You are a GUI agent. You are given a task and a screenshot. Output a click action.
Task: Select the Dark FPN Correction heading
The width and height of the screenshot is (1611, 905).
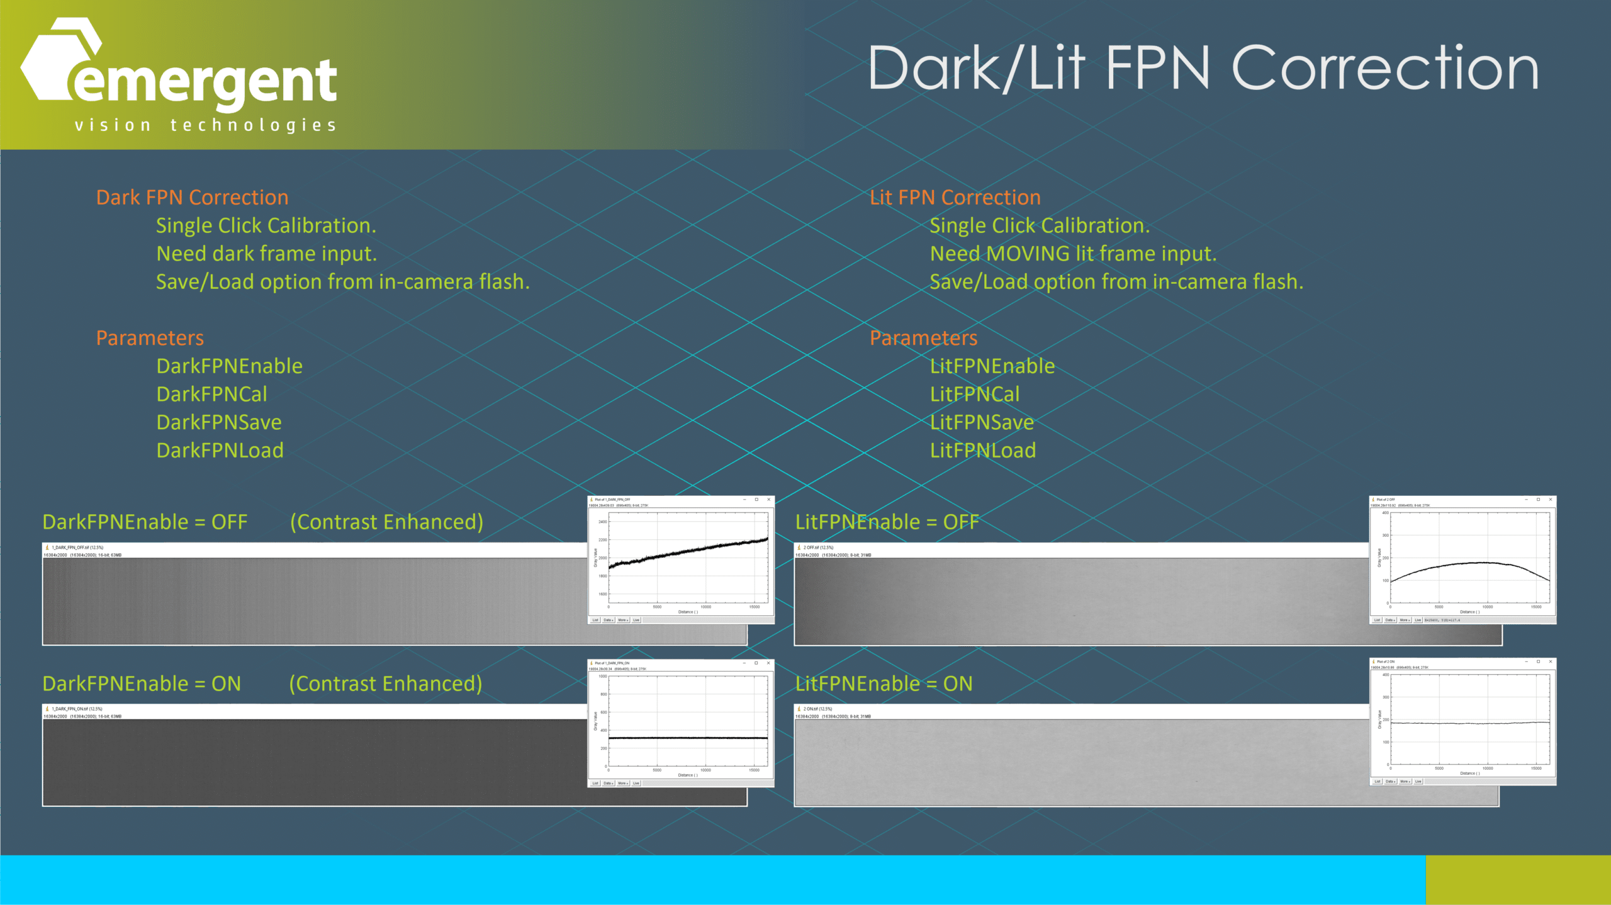pos(192,198)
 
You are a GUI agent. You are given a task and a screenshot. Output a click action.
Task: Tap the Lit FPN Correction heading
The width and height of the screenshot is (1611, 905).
pos(955,198)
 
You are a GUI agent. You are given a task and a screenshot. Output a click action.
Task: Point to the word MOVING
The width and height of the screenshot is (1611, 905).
pos(1028,254)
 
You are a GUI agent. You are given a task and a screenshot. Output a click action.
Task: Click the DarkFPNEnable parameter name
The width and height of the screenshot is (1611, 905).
pos(229,366)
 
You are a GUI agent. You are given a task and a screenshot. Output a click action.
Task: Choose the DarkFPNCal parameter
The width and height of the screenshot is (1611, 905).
pos(211,395)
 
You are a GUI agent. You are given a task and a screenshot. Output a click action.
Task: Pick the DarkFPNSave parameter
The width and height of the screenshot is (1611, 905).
pos(218,422)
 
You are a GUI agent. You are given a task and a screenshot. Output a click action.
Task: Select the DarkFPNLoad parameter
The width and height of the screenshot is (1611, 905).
pos(220,451)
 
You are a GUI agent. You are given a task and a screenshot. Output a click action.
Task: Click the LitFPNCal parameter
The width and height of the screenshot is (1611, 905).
pos(974,395)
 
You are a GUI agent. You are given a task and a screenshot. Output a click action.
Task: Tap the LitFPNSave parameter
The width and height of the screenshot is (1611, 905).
pos(982,422)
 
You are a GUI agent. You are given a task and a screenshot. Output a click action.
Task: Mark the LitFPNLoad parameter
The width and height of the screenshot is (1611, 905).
pos(982,451)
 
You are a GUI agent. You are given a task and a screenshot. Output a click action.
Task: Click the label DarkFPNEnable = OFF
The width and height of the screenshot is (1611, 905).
pos(145,522)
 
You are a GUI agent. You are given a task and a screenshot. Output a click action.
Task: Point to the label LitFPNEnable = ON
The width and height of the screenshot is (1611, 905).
pos(884,684)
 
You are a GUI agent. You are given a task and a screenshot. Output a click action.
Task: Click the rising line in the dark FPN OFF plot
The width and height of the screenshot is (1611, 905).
pos(689,551)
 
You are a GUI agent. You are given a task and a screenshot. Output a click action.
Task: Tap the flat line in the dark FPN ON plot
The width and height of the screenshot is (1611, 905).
pos(689,738)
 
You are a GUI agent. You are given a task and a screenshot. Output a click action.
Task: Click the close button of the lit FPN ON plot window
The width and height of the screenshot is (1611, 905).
pos(1550,661)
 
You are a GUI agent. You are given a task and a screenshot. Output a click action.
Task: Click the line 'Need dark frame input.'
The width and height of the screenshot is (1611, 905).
pos(266,254)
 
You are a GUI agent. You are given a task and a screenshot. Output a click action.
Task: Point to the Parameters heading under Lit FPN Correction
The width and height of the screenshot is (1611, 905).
pos(923,338)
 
